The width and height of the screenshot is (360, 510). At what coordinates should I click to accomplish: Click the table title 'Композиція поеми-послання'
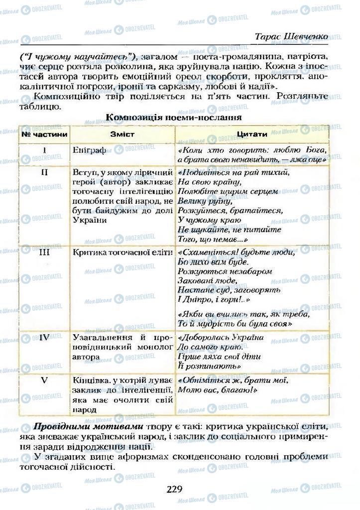tap(174, 118)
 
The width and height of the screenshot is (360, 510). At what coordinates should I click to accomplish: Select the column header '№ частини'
tap(44, 134)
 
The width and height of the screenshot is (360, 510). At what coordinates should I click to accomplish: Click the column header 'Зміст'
tap(122, 134)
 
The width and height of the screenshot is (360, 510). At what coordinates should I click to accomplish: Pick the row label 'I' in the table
tap(44, 150)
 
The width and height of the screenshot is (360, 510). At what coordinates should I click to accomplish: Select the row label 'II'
tap(44, 172)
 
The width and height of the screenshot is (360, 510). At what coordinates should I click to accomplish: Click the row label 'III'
tap(44, 252)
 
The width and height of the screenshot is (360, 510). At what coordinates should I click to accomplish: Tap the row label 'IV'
tap(44, 337)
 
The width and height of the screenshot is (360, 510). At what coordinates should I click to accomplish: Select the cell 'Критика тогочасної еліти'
tap(122, 253)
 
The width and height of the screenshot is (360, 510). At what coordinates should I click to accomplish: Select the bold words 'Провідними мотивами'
tap(88, 427)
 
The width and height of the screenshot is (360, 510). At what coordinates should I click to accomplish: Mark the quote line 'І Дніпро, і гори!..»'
tap(214, 300)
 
